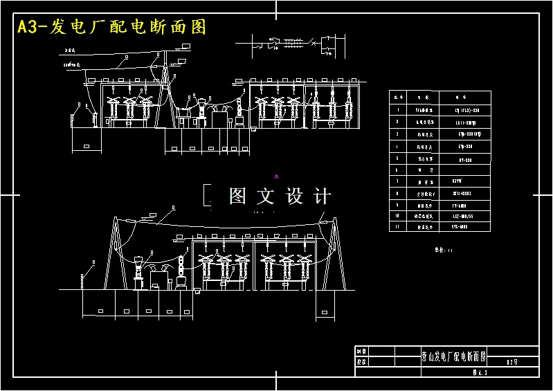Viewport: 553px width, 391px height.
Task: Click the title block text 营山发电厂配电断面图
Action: coord(453,357)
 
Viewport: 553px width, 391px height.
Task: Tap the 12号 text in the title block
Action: coord(512,361)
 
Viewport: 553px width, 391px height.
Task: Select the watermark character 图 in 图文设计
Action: coord(237,196)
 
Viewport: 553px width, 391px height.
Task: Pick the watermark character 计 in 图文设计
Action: coord(323,196)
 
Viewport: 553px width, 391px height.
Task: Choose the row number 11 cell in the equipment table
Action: coord(397,226)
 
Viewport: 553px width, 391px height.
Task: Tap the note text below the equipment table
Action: coord(442,251)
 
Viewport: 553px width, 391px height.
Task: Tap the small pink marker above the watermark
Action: coord(276,176)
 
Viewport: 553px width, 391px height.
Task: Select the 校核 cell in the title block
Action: coord(361,361)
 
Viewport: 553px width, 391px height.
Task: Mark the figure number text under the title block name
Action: coord(480,372)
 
